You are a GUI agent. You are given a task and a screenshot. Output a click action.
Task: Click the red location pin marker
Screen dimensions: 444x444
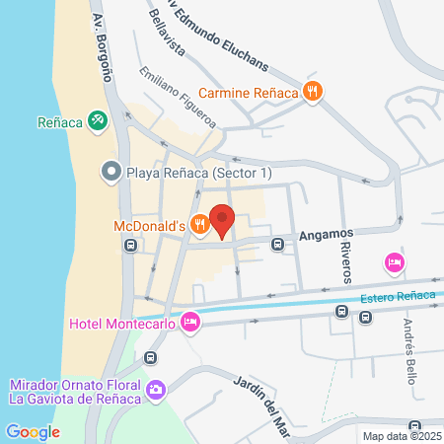(x=221, y=220)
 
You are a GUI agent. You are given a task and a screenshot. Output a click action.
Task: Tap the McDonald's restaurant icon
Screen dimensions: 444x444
(x=199, y=225)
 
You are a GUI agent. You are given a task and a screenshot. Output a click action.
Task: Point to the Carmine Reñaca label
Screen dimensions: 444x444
(x=249, y=94)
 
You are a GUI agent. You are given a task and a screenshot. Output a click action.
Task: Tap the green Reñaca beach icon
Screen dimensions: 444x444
(x=98, y=121)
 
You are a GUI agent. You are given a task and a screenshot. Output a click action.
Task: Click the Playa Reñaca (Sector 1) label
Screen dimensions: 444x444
(x=187, y=172)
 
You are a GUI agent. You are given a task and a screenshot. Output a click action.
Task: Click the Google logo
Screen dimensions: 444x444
(x=33, y=431)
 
